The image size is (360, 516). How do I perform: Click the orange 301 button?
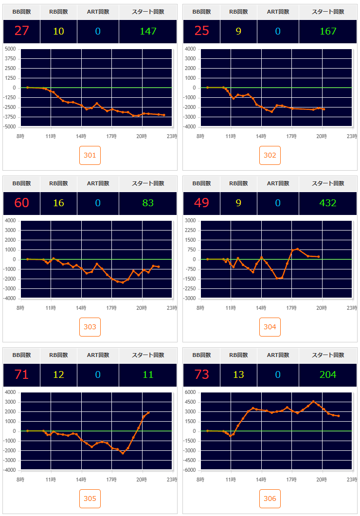click(90, 156)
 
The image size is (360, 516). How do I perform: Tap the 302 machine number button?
click(270, 156)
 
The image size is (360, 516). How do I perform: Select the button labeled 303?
click(90, 327)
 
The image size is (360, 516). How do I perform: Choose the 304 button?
click(270, 327)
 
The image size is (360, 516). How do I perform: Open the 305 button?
click(90, 499)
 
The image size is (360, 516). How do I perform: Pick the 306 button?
click(270, 499)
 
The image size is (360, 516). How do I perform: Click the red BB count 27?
click(22, 31)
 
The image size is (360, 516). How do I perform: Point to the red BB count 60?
click(22, 203)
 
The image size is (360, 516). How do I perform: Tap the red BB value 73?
click(202, 374)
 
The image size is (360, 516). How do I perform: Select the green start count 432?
click(328, 203)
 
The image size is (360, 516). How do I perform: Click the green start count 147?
click(148, 31)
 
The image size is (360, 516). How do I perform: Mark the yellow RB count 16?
click(58, 203)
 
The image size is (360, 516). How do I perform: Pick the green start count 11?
click(148, 374)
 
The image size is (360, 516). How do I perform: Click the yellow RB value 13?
click(238, 374)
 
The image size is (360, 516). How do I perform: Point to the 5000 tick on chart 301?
click(10, 49)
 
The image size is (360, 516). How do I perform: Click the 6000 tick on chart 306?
click(190, 392)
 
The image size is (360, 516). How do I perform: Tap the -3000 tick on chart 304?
click(189, 298)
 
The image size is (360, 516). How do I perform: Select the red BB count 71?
click(22, 374)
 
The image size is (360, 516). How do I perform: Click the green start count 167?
click(328, 31)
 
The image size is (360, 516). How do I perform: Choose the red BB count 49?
click(202, 203)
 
